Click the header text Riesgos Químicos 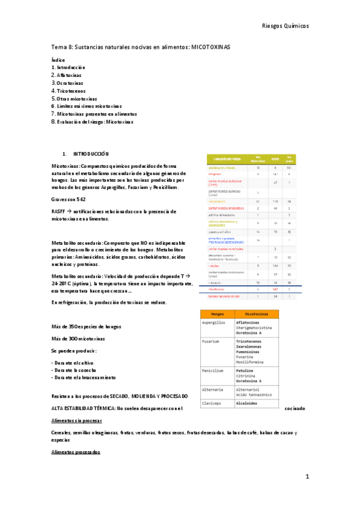click(285, 26)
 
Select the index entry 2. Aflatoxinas click(67, 76)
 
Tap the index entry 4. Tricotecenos click(70, 91)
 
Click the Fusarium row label click(212, 342)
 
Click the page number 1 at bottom click(307, 476)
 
